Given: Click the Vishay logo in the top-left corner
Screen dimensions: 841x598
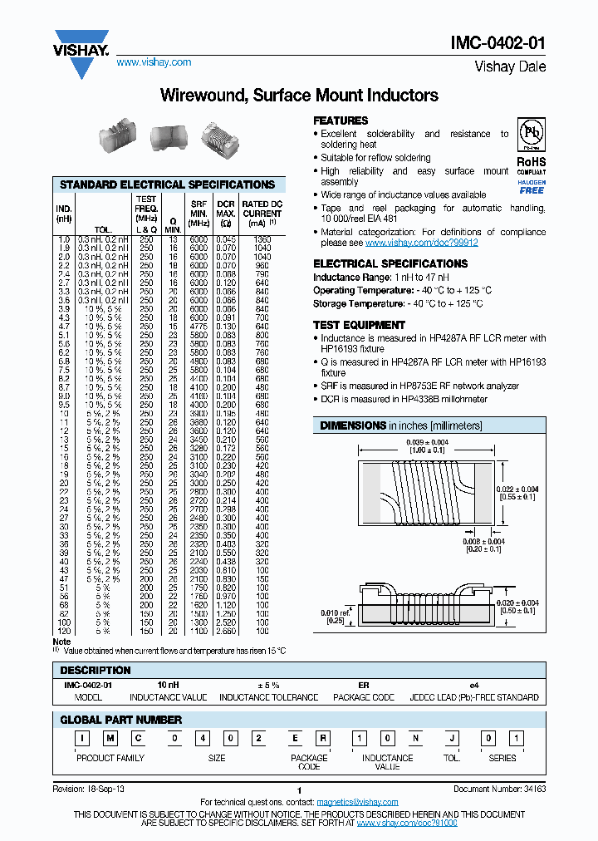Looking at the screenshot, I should (x=81, y=52).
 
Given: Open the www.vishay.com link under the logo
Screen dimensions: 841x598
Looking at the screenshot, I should (x=153, y=62).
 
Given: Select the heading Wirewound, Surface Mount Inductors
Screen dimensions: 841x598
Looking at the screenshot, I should (x=298, y=96).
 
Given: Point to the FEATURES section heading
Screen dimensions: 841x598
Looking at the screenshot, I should (x=341, y=120).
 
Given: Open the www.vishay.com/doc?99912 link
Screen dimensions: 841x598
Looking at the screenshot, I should (x=421, y=243).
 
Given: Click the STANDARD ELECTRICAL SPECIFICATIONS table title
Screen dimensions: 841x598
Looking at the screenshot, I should (x=167, y=184).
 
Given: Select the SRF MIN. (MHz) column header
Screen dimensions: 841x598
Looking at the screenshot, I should (x=199, y=213).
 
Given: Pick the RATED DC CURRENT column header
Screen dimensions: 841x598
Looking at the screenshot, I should (x=262, y=213).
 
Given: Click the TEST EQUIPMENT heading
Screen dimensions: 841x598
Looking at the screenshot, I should (x=359, y=325).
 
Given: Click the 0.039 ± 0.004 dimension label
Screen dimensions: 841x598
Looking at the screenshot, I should (x=428, y=442).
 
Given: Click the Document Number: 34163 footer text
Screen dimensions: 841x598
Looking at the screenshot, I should (x=499, y=789).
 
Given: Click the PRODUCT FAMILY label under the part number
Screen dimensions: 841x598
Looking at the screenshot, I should (x=110, y=758).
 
